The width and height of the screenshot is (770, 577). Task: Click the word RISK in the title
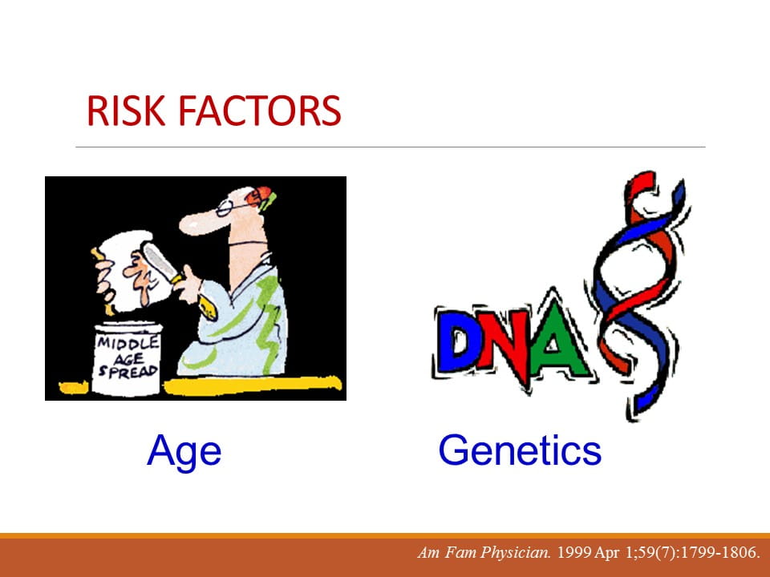coord(126,111)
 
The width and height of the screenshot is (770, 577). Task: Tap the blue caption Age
coord(184,451)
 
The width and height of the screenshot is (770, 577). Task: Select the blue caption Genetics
coord(520,450)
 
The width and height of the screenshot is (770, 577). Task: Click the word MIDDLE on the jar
coord(128,342)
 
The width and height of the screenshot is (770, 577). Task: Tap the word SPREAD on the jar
coord(128,370)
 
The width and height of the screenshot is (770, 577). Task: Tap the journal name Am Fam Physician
coord(484,553)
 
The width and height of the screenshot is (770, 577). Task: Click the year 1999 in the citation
coord(573,553)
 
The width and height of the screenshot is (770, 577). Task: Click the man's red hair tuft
coord(259,196)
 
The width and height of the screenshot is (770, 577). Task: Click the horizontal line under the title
coord(391,147)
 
